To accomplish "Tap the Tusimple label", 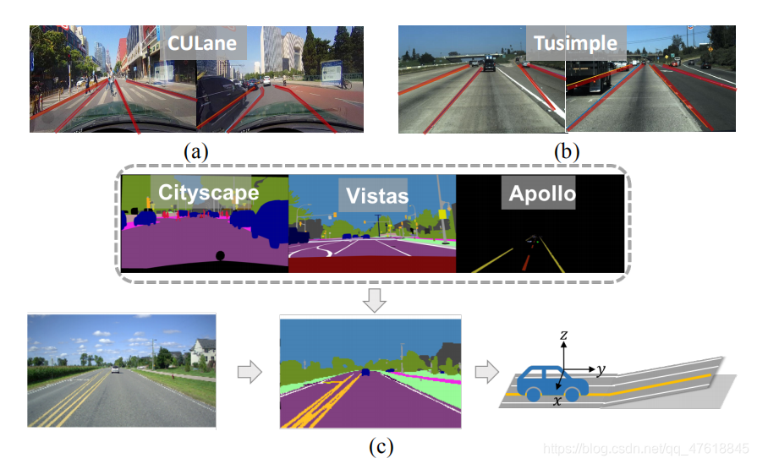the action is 574,42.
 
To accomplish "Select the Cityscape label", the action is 208,193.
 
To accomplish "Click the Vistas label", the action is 376,196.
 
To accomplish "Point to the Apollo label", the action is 542,194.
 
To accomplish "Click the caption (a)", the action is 196,153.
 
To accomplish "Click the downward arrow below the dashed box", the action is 372,299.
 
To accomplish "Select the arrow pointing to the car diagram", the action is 486,372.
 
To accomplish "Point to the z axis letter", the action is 564,336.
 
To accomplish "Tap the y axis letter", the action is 600,370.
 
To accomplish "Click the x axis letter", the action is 556,402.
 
